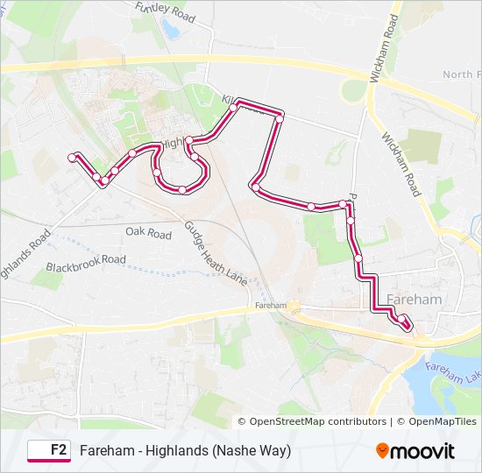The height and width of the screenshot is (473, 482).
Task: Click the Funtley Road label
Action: click(x=165, y=12)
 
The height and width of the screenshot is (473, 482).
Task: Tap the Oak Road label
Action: click(x=148, y=234)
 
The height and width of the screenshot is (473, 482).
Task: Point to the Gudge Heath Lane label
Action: click(x=216, y=251)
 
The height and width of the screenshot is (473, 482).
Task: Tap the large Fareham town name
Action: click(x=413, y=300)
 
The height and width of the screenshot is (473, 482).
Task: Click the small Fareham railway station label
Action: click(x=271, y=306)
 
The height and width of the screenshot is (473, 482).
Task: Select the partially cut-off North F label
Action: click(x=461, y=75)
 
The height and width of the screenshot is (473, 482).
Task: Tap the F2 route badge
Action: click(x=49, y=450)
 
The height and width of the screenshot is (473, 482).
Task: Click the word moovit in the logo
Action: click(x=422, y=451)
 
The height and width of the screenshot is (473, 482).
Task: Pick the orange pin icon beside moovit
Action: click(x=383, y=451)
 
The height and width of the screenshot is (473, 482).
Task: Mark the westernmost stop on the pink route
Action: click(x=72, y=158)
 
